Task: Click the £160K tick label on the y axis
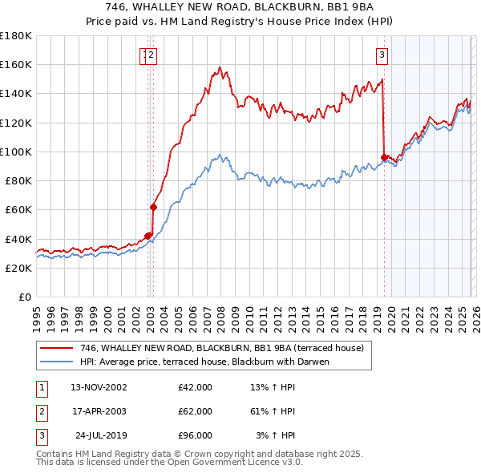[x=16, y=65]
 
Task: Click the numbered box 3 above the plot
[x=382, y=55]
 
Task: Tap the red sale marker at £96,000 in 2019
[x=384, y=158]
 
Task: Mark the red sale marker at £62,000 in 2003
[x=153, y=207]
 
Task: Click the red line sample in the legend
[x=57, y=349]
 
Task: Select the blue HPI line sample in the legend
[x=57, y=362]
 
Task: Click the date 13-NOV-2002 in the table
[x=99, y=387]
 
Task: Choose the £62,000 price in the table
[x=196, y=411]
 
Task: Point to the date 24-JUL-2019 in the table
[x=99, y=435]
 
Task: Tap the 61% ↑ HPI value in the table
[x=273, y=411]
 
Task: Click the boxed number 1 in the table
[x=41, y=387]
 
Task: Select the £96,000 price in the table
[x=196, y=435]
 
